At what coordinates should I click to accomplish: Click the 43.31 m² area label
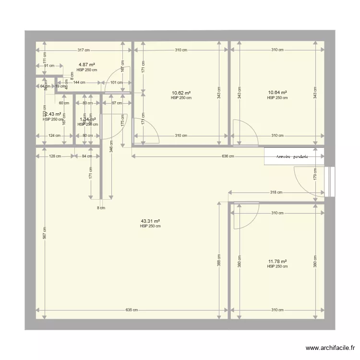(x=150, y=221)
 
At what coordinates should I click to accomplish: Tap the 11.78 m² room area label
(x=277, y=262)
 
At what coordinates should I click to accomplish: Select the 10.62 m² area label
(x=181, y=93)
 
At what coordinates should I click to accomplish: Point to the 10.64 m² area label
(x=277, y=93)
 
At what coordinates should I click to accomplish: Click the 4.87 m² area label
(x=87, y=65)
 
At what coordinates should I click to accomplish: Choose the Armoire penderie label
(x=292, y=156)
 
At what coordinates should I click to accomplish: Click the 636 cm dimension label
(x=228, y=156)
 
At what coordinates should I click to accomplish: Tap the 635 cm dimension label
(x=132, y=310)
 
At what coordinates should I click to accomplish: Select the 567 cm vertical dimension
(x=44, y=233)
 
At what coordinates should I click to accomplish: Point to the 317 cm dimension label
(x=84, y=50)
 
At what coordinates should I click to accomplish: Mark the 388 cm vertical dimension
(x=219, y=260)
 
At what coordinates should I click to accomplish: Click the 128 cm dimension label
(x=55, y=156)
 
